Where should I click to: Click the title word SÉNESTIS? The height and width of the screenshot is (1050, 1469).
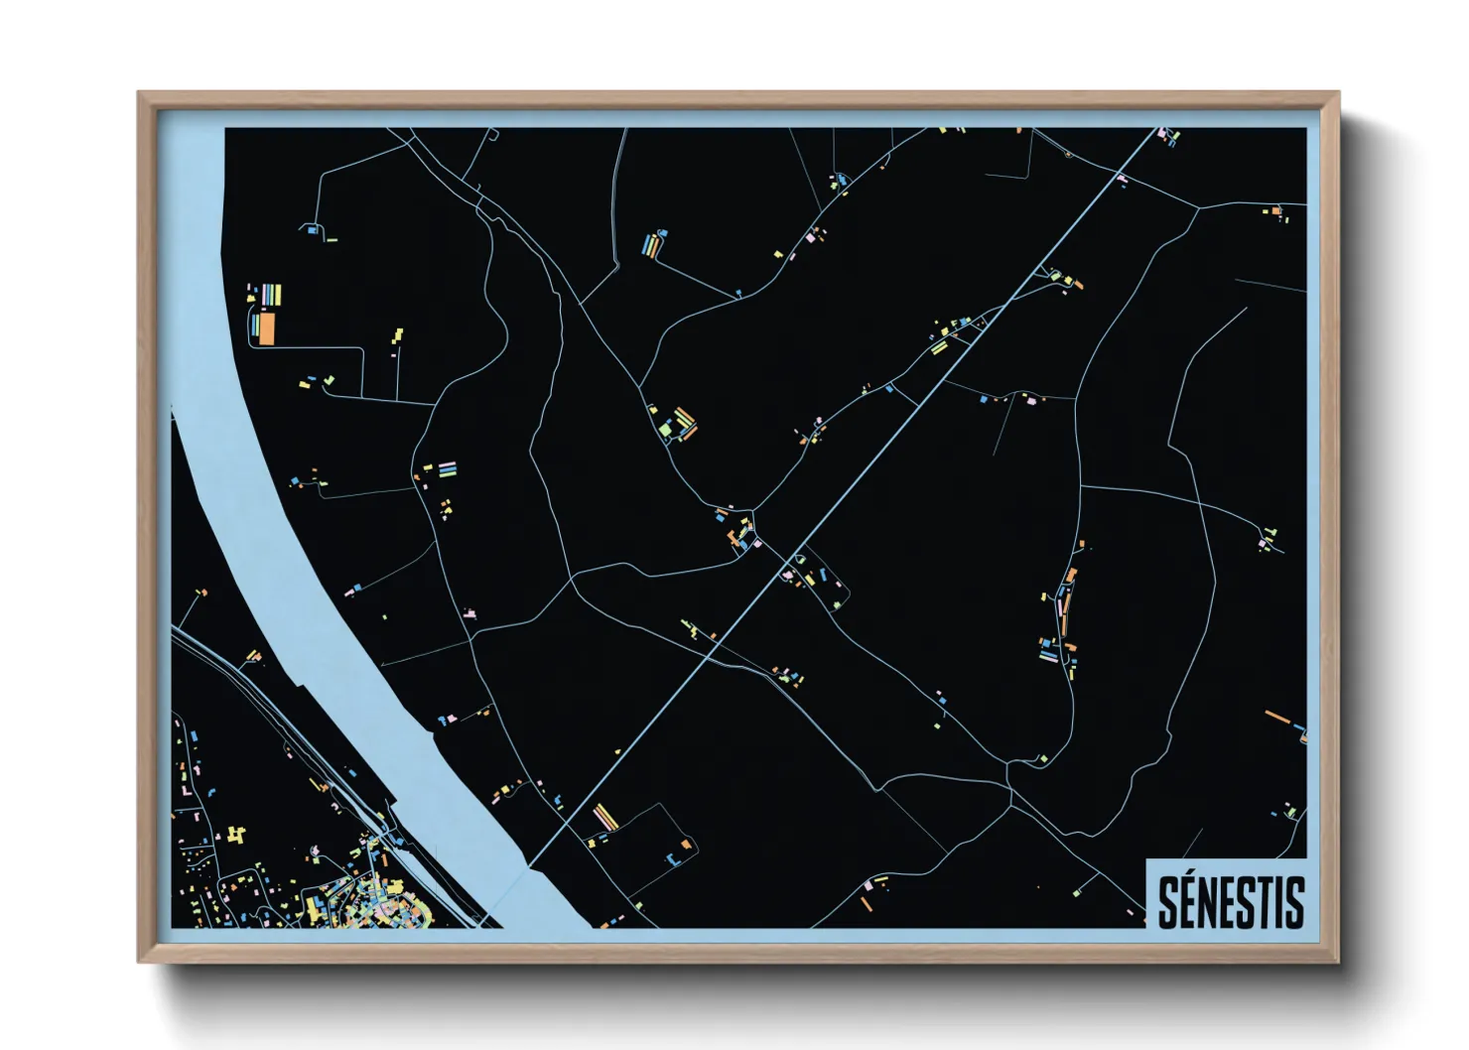(x=1231, y=901)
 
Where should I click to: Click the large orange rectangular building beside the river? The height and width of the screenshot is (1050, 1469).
(x=266, y=328)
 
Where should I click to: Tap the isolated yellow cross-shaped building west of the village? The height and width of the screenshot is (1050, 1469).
(x=235, y=835)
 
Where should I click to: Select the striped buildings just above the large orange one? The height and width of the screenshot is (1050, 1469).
(x=269, y=295)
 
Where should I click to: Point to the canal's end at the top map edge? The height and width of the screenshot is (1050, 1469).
(x=1157, y=130)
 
